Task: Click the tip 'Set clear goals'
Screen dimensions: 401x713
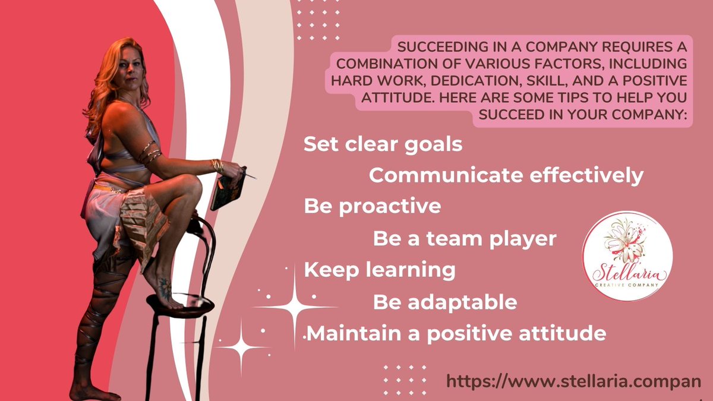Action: click(x=383, y=144)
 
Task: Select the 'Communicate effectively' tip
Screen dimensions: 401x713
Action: click(x=506, y=176)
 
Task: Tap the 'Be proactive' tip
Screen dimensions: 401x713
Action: click(x=372, y=206)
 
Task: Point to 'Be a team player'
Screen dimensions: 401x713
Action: click(x=464, y=238)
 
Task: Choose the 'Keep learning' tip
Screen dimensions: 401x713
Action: click(x=379, y=270)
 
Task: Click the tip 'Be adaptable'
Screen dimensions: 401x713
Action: click(x=444, y=302)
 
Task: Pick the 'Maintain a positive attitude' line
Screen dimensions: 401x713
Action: click(x=456, y=333)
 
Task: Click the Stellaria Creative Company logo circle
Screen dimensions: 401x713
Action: click(x=627, y=255)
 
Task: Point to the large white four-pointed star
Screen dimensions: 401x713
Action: click(x=295, y=307)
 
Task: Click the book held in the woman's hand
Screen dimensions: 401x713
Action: click(x=228, y=189)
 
